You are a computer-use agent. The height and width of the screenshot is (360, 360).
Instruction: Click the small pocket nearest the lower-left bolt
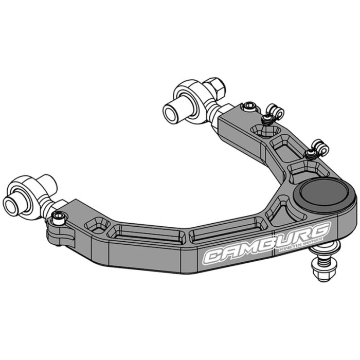pyautogui.click(x=96, y=224)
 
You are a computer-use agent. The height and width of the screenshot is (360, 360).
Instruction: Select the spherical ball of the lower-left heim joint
pyautogui.click(x=31, y=190)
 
